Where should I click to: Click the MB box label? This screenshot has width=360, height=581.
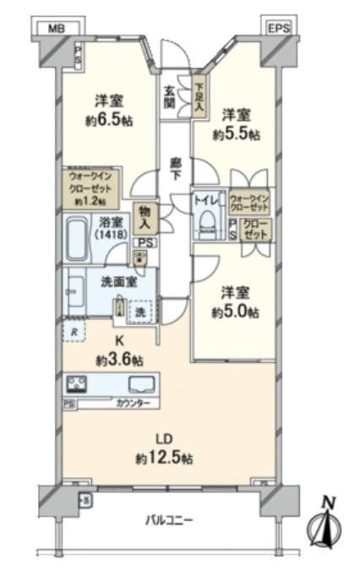[x=56, y=28]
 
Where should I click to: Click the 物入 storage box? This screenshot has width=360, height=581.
[x=145, y=219]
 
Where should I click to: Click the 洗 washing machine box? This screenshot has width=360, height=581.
[x=139, y=312]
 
